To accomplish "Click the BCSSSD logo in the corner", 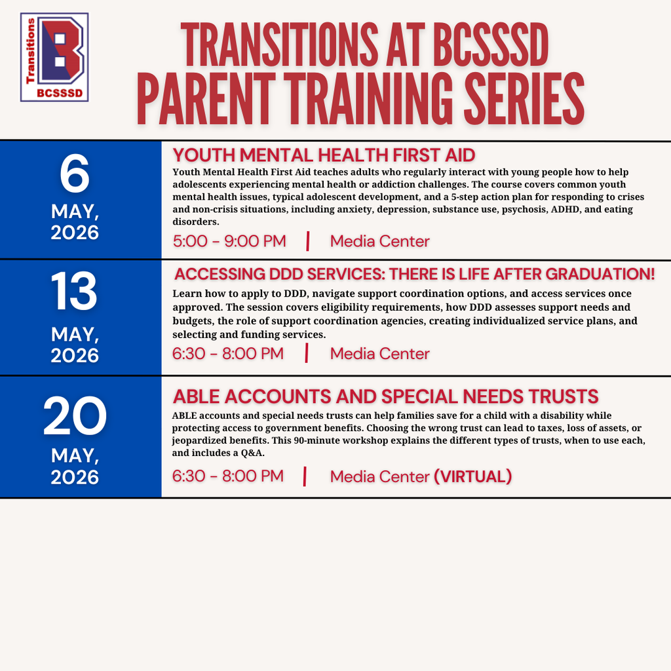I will [54, 58].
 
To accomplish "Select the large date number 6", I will [75, 175].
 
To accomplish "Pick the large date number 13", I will [75, 292].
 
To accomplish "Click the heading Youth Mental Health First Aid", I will [324, 155].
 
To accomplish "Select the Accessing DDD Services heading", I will [414, 274].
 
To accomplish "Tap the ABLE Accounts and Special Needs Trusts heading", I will [385, 396].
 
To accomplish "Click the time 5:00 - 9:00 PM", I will [229, 241].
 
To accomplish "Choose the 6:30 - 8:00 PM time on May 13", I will [228, 354].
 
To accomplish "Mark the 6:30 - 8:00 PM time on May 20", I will [228, 476].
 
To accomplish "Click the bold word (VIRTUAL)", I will [472, 476].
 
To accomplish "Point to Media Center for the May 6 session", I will [380, 241].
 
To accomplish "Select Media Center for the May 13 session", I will [380, 354].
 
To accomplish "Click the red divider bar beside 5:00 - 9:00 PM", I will [307, 241].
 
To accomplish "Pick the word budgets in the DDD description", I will [191, 321].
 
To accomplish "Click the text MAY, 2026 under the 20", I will [75, 467].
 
